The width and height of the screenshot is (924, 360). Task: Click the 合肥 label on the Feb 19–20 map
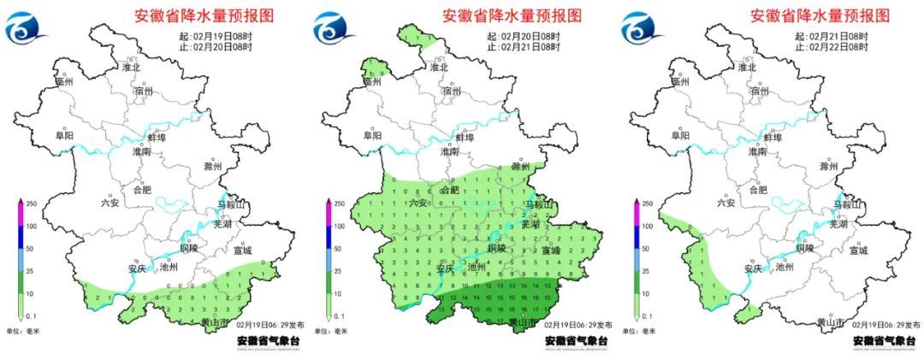[x=142, y=190]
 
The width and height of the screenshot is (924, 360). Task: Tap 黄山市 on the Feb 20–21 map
[x=523, y=322]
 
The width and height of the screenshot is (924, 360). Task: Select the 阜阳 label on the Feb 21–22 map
[x=680, y=135]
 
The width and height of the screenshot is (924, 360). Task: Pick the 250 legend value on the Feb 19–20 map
[x=32, y=204]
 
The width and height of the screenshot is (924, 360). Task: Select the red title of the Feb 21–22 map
[x=820, y=15]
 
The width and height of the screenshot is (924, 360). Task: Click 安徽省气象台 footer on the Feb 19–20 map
[x=268, y=340]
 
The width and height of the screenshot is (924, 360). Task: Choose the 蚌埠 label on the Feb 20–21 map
[x=464, y=137]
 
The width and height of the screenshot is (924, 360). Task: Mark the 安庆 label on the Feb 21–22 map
[x=752, y=268]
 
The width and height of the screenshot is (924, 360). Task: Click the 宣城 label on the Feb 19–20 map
[x=243, y=251]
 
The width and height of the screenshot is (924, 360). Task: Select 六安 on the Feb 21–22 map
[x=726, y=203]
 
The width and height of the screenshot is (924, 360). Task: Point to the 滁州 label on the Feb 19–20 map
[x=213, y=166]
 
